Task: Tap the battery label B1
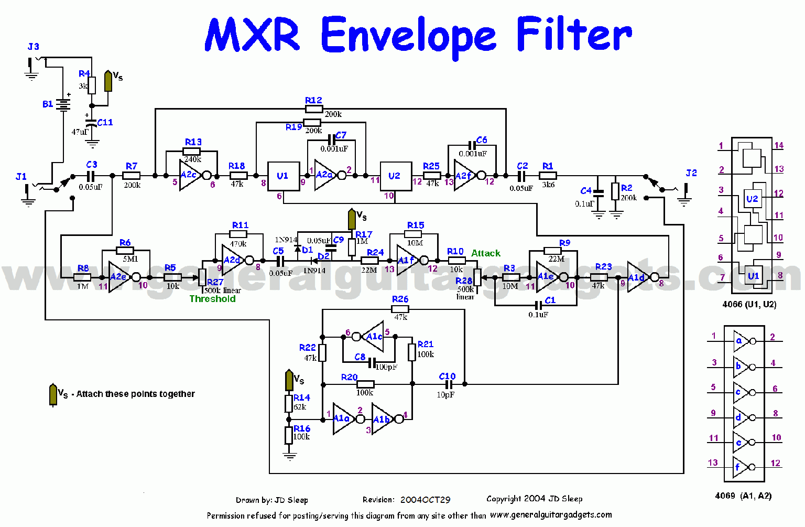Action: [48, 104]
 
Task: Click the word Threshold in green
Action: [212, 299]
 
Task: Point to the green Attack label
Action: [485, 253]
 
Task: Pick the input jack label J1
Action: [21, 177]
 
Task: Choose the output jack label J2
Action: [691, 173]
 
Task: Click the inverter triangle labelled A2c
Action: [189, 176]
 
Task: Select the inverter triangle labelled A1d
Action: [637, 277]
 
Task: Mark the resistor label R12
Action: [313, 100]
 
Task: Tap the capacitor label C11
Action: [105, 122]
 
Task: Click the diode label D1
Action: [307, 250]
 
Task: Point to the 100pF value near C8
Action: [386, 367]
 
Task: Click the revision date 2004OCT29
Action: [425, 500]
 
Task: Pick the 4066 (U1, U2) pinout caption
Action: [749, 305]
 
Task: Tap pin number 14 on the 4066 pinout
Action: [779, 145]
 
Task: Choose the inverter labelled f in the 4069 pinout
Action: [738, 466]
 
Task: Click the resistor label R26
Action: [400, 299]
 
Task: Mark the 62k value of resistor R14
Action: [300, 407]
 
